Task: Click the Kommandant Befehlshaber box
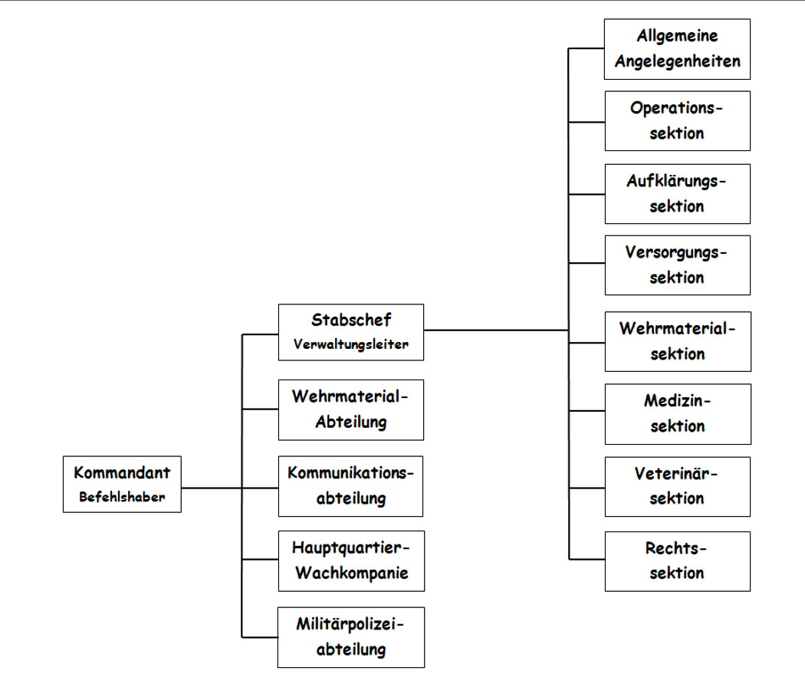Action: click(122, 485)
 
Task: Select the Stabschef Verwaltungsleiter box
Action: click(350, 332)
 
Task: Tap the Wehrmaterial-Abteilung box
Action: click(350, 409)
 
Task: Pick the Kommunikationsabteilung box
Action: click(350, 485)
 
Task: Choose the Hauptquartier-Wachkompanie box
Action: click(350, 561)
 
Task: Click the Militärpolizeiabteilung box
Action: click(350, 636)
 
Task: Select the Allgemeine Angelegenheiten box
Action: click(677, 49)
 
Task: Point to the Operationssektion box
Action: click(677, 120)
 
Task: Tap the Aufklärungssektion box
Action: click(677, 193)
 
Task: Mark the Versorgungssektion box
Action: click(677, 265)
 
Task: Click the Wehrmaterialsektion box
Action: click(677, 341)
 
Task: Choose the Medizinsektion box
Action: click(677, 413)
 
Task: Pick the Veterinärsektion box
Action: click(677, 485)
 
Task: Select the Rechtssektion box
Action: click(677, 561)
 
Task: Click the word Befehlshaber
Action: click(121, 497)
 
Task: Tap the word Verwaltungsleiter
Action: click(350, 344)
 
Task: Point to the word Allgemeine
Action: click(677, 36)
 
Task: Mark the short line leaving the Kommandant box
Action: click(211, 488)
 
